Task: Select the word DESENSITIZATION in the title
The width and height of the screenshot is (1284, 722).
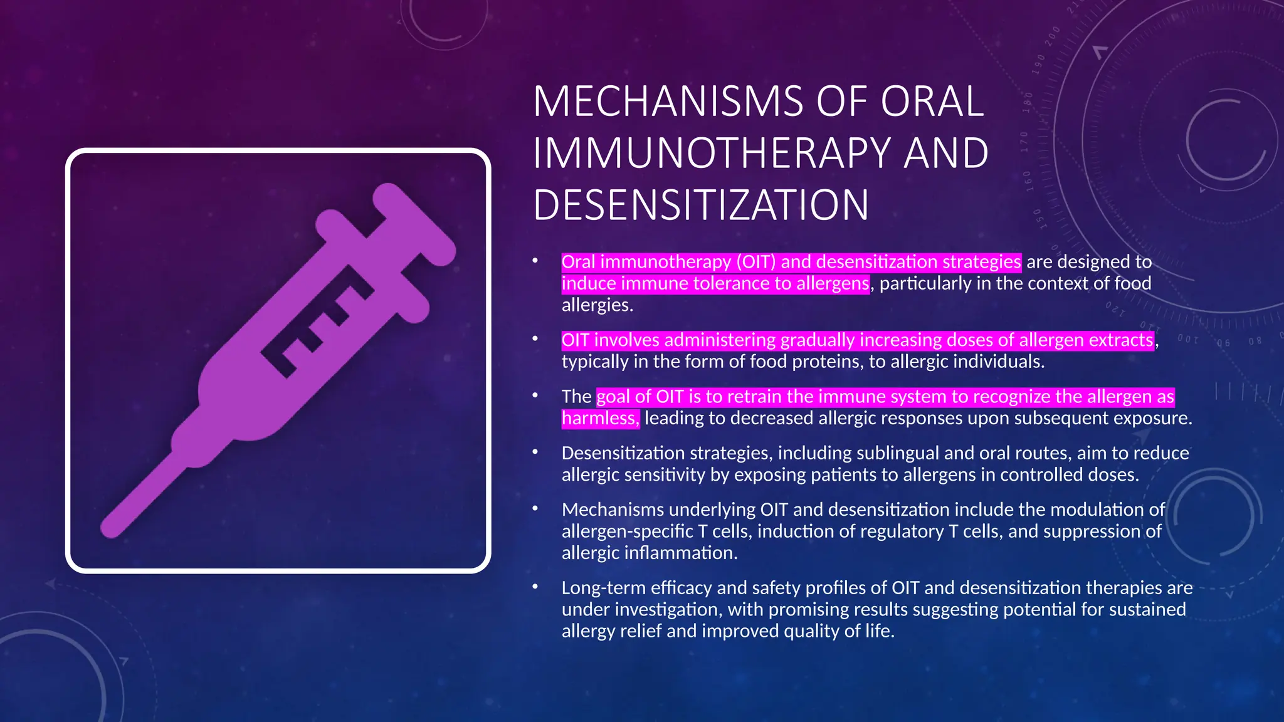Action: (x=701, y=206)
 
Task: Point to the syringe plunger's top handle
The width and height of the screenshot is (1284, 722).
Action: (x=414, y=223)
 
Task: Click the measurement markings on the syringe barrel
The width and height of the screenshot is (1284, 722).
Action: (x=317, y=326)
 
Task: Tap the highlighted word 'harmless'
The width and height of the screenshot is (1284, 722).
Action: (x=599, y=418)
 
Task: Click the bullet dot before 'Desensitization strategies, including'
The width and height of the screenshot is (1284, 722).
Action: (x=535, y=452)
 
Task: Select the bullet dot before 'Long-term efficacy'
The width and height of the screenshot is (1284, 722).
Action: (x=535, y=587)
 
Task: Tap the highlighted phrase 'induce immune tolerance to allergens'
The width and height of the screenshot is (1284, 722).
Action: (x=715, y=283)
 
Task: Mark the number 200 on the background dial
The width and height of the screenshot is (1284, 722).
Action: (x=1053, y=34)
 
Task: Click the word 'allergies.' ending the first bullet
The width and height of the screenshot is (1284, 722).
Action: (x=597, y=305)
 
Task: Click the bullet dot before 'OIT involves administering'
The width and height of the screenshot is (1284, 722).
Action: (x=535, y=339)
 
